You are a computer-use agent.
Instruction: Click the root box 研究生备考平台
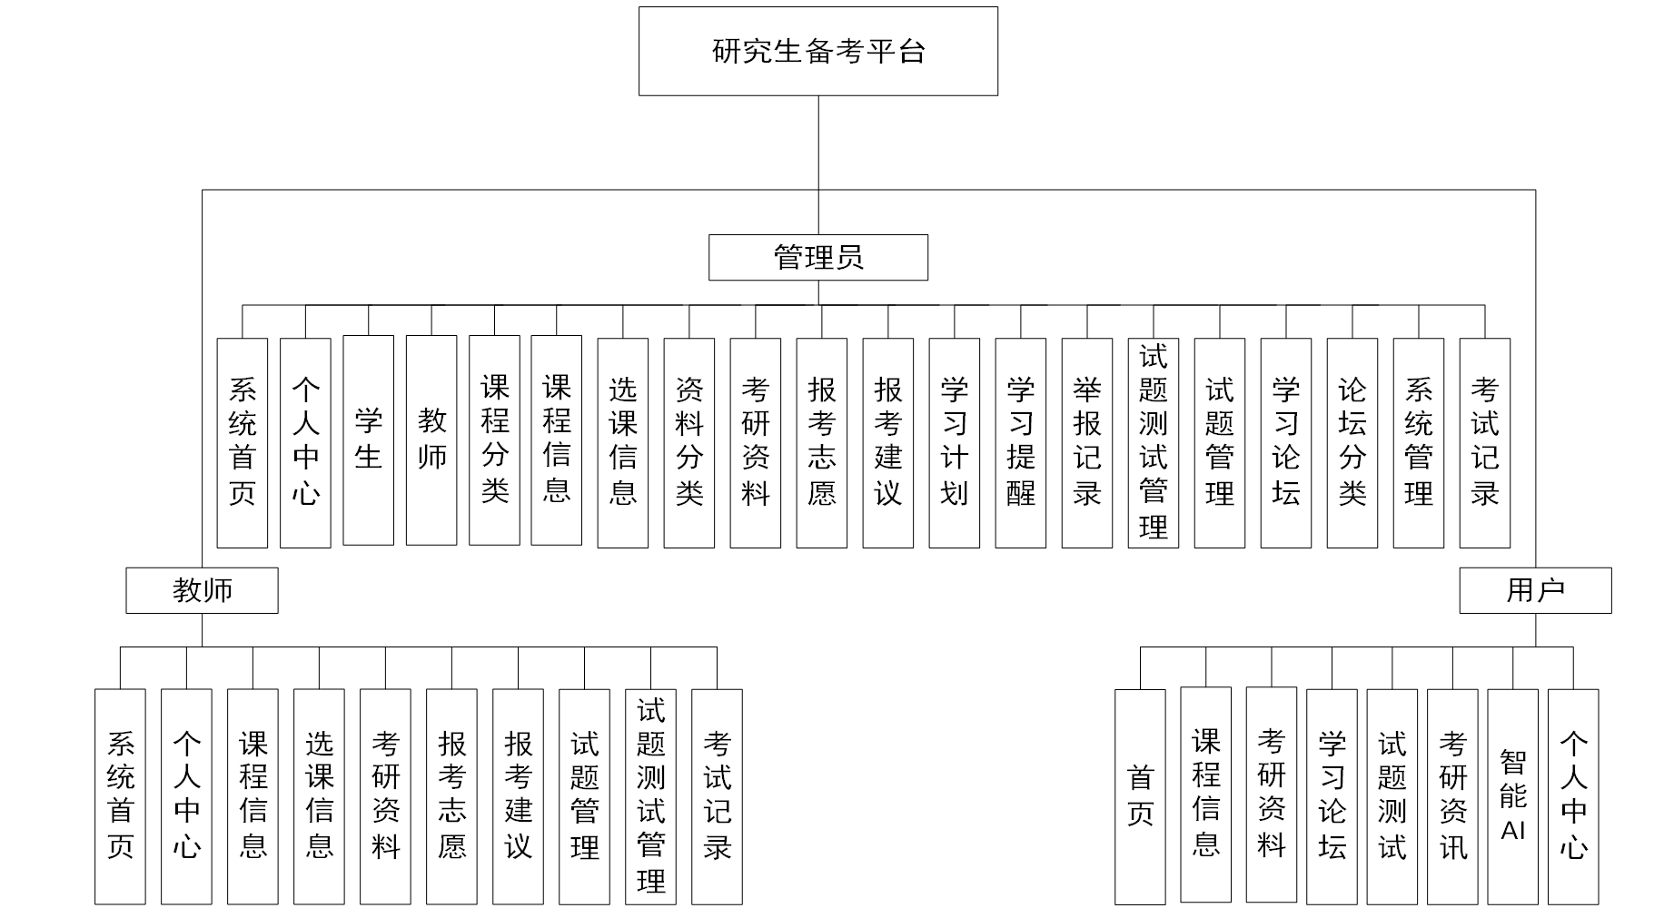click(817, 51)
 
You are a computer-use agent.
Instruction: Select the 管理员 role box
click(817, 258)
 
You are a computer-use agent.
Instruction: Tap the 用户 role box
click(1535, 590)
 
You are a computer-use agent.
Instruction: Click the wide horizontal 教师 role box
click(202, 590)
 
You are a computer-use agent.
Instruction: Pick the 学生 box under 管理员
click(368, 440)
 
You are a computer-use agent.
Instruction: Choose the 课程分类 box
click(494, 440)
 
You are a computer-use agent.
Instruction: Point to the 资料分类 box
click(688, 443)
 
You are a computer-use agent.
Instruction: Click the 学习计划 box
click(954, 443)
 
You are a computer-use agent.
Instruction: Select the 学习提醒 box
click(1020, 443)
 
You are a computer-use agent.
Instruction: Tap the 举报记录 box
click(1086, 443)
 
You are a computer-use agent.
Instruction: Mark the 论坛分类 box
click(1352, 443)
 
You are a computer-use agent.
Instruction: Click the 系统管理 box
click(1418, 443)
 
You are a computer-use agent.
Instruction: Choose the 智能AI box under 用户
click(1512, 796)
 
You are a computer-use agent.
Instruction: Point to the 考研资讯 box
click(1452, 796)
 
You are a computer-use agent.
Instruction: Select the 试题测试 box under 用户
click(1392, 796)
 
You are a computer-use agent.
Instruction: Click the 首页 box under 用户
click(1140, 796)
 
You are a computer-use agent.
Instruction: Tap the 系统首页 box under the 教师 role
click(120, 796)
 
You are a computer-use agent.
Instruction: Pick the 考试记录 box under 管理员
click(1484, 443)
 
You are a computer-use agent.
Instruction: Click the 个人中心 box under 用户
click(1572, 796)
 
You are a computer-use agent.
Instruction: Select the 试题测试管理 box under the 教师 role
click(650, 796)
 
